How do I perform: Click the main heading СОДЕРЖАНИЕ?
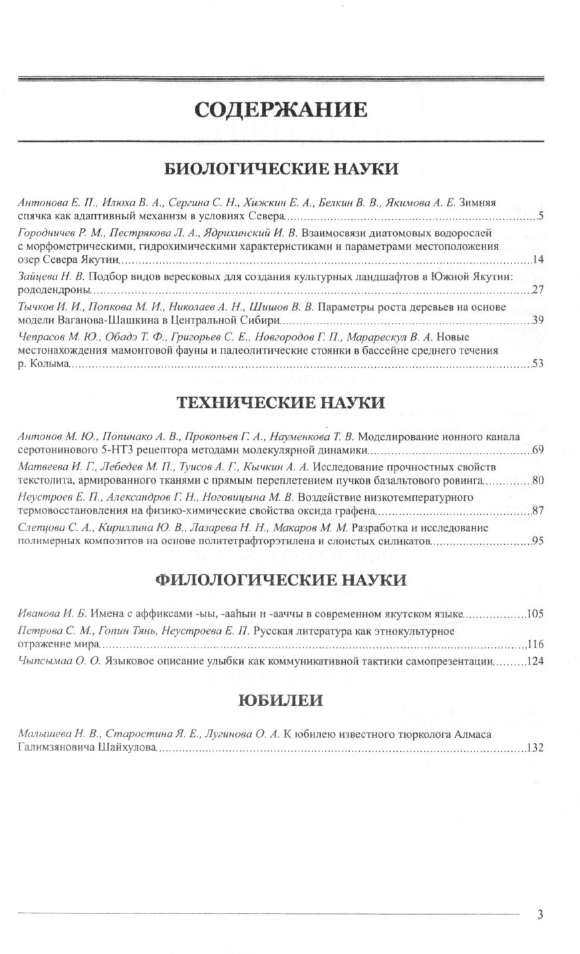point(280,109)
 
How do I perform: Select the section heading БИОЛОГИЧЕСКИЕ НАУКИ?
point(281,168)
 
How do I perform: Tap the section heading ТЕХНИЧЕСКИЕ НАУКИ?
point(280,402)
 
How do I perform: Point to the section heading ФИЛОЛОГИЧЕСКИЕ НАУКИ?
point(281,579)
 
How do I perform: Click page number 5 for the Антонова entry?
point(541,216)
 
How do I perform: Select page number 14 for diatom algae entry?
point(538,259)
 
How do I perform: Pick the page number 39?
point(538,321)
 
